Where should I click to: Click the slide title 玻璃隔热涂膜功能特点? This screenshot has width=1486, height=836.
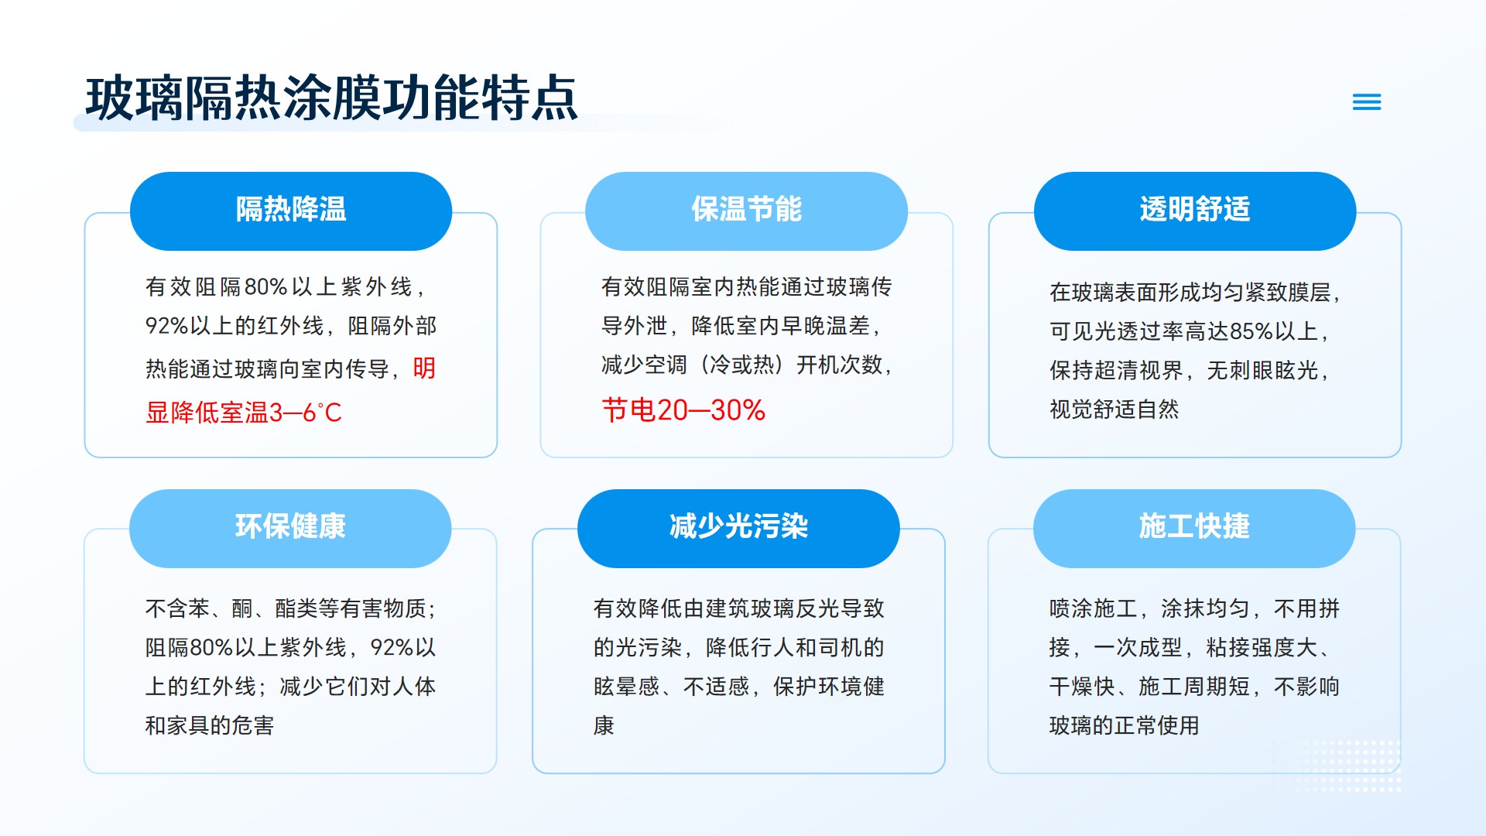331,98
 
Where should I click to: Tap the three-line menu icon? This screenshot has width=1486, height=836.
1367,101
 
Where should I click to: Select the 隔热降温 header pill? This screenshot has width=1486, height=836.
291,211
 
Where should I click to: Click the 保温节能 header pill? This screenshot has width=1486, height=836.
746,211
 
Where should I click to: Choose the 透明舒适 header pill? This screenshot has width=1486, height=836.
1195,211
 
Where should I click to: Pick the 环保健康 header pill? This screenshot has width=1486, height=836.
290,528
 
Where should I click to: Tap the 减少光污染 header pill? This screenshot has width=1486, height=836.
738,528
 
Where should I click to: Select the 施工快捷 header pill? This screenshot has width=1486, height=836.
1194,528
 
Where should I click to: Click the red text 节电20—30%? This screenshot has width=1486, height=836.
683,410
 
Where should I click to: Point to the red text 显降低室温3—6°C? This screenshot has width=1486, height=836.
244,413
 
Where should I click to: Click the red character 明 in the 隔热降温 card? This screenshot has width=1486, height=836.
424,368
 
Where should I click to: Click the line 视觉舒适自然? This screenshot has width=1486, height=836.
1114,409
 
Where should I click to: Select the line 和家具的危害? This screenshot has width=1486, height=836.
210,725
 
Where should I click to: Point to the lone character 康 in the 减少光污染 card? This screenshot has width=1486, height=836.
604,725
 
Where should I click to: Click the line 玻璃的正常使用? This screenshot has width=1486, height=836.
1124,725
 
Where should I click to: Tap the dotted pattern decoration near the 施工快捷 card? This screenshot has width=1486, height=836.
1337,766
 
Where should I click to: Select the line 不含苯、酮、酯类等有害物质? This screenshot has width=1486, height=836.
290,608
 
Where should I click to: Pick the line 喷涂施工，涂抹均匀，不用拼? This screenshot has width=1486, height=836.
1194,608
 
